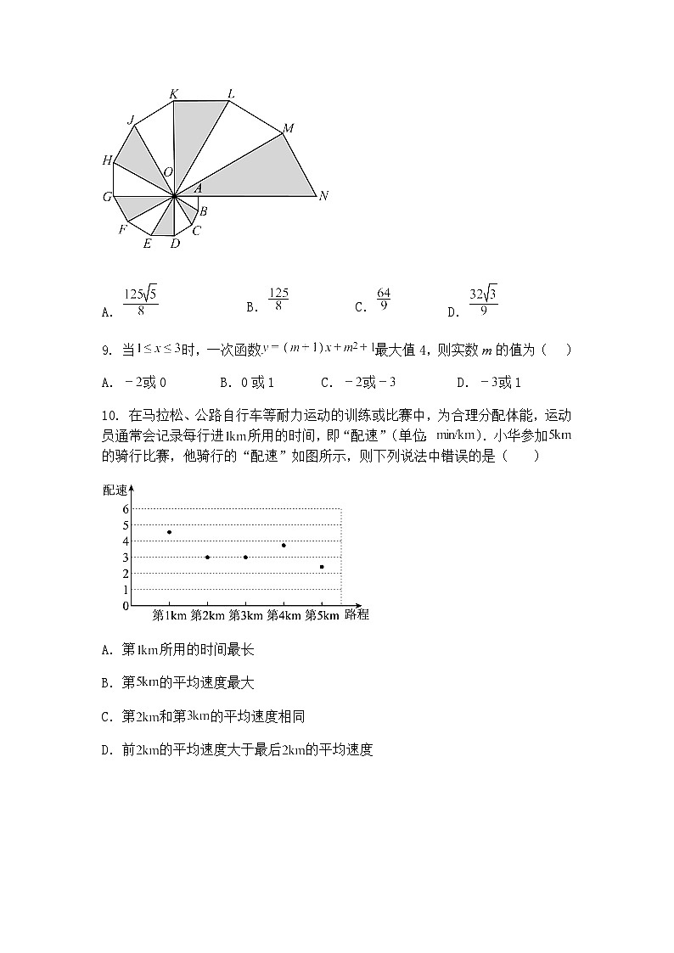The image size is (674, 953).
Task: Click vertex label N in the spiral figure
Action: coord(323,196)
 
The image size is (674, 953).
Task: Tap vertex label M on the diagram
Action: coord(289,129)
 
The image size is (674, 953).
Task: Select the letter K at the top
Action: coord(174,93)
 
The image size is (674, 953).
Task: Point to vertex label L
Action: coord(231,93)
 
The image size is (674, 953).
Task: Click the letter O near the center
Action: coord(168,172)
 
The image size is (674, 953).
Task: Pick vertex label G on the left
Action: coord(108,197)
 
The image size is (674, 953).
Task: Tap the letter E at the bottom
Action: coord(147,244)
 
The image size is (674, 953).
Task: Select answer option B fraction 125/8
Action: coord(278,300)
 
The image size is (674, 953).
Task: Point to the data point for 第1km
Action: coord(170,532)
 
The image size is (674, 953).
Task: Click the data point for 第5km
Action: coord(322,566)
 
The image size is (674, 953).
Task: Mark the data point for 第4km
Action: coord(284,545)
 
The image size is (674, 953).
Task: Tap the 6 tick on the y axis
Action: coord(125,509)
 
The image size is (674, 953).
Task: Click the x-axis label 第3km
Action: coord(245,615)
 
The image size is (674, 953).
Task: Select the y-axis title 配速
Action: coord(115,490)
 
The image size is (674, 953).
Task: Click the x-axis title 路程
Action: coord(357,615)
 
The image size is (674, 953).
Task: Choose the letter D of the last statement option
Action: coord(106,750)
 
